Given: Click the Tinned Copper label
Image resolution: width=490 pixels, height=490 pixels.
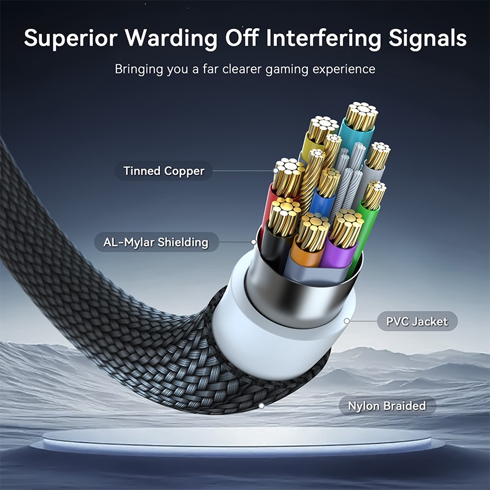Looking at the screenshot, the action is pos(164,171).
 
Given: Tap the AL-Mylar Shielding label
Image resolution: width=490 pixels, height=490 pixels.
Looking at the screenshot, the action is pos(156,242).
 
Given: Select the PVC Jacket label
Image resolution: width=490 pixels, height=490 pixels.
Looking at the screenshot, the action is pos(417,321).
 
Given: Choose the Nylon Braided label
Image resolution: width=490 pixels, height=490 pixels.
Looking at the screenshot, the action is pos(387,406).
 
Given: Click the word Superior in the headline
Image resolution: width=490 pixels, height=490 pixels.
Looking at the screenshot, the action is pos(71,39).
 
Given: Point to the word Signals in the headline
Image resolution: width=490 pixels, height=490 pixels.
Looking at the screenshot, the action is pos(428,39).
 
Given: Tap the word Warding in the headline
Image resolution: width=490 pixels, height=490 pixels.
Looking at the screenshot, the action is pos(171,39).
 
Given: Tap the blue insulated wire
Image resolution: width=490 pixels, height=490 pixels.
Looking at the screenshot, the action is pos(322,203).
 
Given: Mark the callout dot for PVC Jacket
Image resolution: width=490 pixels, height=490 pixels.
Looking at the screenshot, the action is pos(346,321).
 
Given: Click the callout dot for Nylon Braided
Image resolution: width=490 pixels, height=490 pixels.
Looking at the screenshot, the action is pos(262,406).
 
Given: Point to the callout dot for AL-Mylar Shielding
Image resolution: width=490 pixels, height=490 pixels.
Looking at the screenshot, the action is pos(254,242).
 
